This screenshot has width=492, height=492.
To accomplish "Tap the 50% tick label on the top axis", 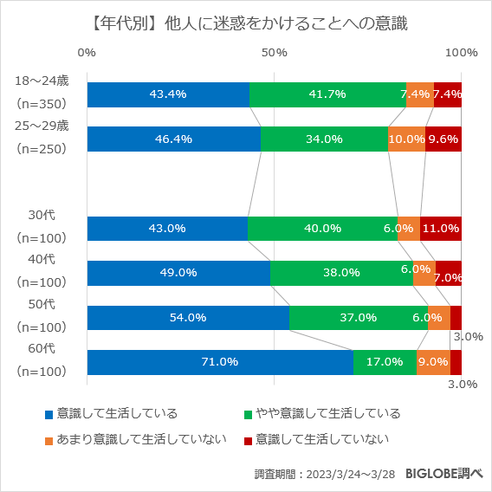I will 274,53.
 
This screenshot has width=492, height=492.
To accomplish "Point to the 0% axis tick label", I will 87,53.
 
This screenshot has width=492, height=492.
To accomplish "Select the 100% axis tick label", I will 461,53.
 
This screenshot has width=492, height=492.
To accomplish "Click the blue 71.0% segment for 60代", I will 219,362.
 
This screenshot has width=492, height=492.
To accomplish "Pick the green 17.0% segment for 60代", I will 385,362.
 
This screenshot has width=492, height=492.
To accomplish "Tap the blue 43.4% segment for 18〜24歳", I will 168,94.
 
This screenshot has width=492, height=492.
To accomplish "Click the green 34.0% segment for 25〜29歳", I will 324,139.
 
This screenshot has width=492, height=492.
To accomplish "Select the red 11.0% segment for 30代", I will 441,229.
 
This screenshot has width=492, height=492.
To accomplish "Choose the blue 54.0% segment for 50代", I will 187,318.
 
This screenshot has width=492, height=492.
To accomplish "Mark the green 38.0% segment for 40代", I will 341,273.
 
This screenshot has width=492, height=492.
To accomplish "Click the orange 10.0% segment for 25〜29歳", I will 406,139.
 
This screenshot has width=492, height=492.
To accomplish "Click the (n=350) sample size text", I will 42,103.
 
